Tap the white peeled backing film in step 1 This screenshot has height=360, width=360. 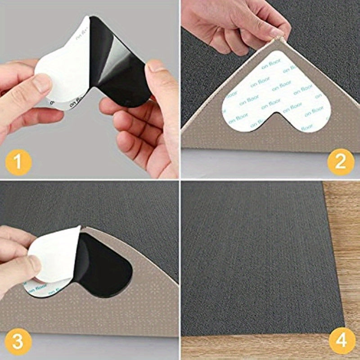pyautogui.click(x=63, y=67)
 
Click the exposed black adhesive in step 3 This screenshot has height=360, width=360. pyautogui.click(x=106, y=265)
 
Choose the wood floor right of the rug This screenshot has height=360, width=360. pyautogui.click(x=346, y=247)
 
